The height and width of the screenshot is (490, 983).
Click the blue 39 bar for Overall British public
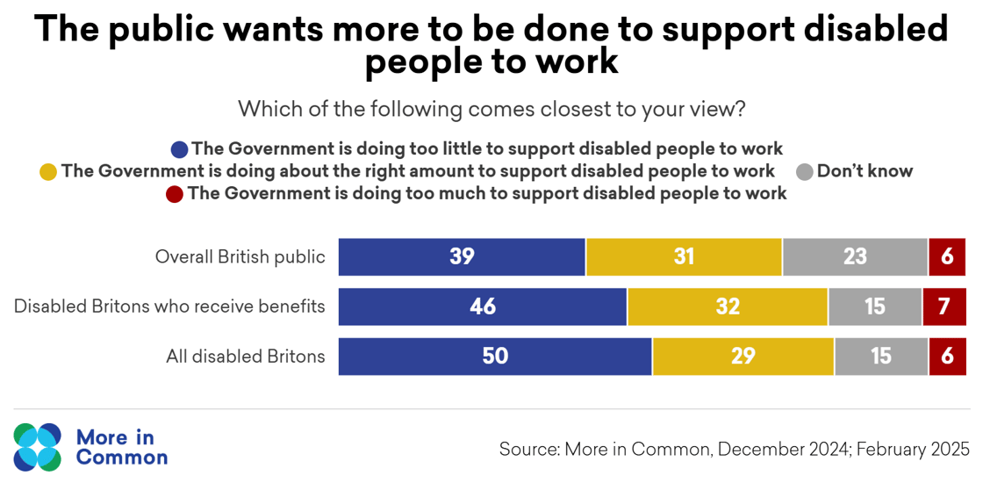462,257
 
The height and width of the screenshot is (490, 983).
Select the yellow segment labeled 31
684,257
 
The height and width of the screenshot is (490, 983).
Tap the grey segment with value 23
855,257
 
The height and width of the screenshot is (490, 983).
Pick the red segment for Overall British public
948,257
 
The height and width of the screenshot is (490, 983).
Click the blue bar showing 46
483,306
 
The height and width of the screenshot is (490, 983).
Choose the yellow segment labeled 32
728,306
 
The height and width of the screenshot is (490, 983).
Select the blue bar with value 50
495,357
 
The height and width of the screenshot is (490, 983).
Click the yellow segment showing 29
743,357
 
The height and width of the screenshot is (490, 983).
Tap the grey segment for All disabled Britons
881,357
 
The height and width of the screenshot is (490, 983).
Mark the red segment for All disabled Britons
948,357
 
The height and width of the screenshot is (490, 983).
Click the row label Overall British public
240,257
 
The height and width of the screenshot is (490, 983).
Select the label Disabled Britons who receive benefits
169,306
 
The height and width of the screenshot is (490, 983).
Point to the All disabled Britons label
246,357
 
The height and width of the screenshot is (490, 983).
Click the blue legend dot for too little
180,148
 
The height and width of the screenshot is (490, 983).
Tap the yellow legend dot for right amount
48,172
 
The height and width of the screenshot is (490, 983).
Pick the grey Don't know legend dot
803,172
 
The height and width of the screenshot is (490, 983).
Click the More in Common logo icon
38,446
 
